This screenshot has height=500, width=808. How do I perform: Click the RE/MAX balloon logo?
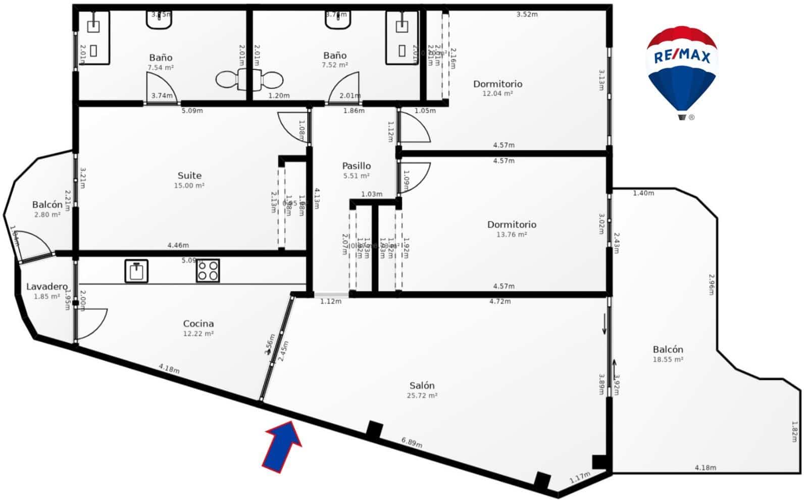pos(681,71)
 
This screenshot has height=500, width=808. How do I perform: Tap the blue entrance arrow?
pos(282,447)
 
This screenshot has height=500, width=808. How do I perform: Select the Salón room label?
pos(422,385)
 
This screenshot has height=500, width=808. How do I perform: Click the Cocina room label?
pos(198,323)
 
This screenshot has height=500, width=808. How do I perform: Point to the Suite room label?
pos(189,176)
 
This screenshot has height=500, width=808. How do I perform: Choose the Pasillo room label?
pos(356,165)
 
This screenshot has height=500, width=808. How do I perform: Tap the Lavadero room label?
pos(46,287)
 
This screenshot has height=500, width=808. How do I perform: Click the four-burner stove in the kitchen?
pos(208,271)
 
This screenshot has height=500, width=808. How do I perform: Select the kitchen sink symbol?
pos(136,271)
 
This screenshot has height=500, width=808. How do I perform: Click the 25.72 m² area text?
pos(422,396)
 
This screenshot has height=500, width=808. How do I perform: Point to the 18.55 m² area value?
pos(668,360)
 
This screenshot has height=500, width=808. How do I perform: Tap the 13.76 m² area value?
pos(512,235)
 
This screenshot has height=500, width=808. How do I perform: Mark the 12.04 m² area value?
pos(497,94)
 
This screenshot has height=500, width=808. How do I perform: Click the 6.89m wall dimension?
pos(412,442)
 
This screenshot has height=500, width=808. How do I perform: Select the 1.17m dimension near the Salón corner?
pos(579,477)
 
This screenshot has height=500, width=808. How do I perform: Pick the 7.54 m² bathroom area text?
pos(161,68)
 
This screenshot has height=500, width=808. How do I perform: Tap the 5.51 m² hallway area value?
pos(356,176)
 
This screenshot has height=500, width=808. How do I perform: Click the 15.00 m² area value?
pos(189,186)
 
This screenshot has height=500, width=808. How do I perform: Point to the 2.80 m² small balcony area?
pos(47,215)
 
